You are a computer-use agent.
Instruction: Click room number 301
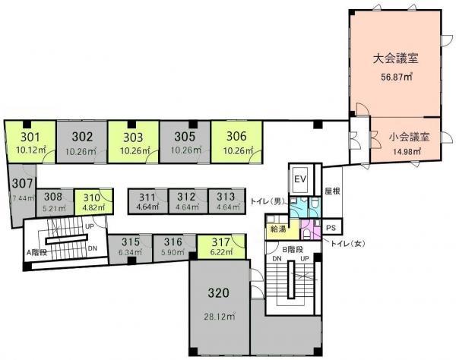tap(30, 137)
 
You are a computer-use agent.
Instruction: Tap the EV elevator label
tap(300, 179)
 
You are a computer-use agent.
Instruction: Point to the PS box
tap(331, 228)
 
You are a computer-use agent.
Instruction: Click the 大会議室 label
tap(395, 58)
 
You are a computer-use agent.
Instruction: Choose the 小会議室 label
tap(409, 137)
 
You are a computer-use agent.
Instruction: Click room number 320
tap(218, 293)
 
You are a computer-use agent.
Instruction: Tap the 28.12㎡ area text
tap(220, 317)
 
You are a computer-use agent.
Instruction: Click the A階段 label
tap(37, 252)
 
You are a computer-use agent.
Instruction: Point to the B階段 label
tap(293, 249)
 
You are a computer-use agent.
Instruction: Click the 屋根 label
tap(332, 191)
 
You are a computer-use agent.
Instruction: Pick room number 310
tap(92, 198)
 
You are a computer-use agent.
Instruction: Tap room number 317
tap(220, 242)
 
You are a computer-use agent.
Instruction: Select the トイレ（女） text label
tap(347, 244)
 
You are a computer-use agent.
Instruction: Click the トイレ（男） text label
tap(268, 201)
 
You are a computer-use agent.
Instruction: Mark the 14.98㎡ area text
tap(408, 151)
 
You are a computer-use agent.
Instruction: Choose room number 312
tap(186, 197)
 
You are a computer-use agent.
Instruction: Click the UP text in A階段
tap(90, 226)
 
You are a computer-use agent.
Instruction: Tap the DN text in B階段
tap(277, 259)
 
